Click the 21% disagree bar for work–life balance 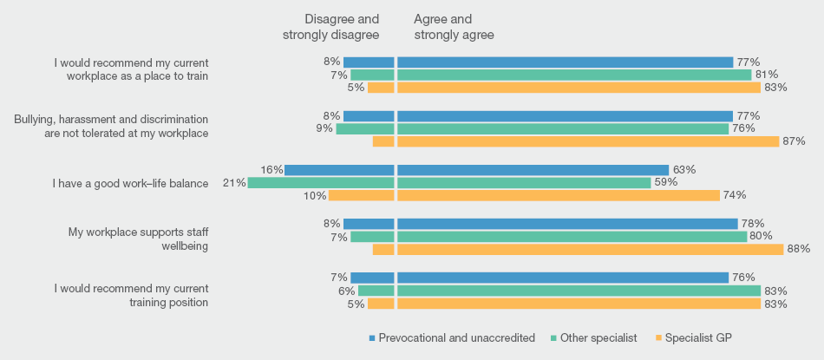[x=321, y=183]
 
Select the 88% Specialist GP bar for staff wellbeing [x=590, y=249]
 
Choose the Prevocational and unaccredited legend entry [x=451, y=337]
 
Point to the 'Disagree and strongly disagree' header [x=330, y=27]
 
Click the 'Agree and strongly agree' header [x=454, y=27]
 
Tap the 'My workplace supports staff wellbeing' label [x=139, y=239]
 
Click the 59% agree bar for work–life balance [x=524, y=183]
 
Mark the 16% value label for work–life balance [x=272, y=170]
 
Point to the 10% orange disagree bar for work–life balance [x=361, y=195]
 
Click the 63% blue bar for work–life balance [x=533, y=170]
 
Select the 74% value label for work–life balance [x=735, y=195]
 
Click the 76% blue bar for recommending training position [x=563, y=278]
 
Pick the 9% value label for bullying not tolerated [x=324, y=129]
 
